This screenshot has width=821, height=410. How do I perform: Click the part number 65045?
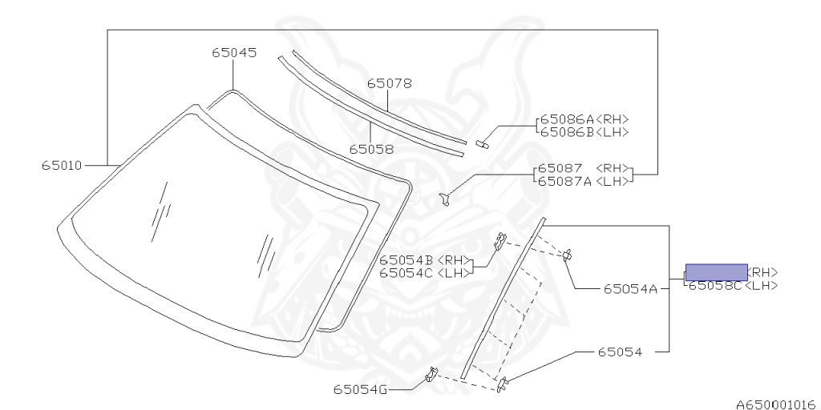tap(234, 53)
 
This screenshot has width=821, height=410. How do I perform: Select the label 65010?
tap(62, 166)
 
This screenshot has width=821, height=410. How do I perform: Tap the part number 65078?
tap(390, 82)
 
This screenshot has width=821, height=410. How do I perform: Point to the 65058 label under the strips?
tap(371, 149)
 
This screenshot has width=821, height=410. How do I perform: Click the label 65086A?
tap(566, 119)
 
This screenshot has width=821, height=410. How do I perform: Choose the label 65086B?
tap(566, 132)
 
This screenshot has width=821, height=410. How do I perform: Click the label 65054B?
tap(406, 259)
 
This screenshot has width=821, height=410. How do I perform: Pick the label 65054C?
tap(406, 272)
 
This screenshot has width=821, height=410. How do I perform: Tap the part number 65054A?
tap(631, 289)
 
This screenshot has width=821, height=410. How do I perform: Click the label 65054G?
tap(360, 390)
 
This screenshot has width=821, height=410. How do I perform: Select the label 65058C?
tap(715, 285)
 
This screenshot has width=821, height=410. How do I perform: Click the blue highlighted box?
tap(715, 271)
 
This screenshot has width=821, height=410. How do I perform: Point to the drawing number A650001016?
tap(775, 404)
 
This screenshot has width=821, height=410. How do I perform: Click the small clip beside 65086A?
tap(482, 144)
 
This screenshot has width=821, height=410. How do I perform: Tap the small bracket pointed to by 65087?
tap(444, 197)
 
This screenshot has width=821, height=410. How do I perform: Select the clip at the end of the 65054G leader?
tap(431, 374)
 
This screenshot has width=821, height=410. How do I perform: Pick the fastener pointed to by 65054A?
tap(567, 255)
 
